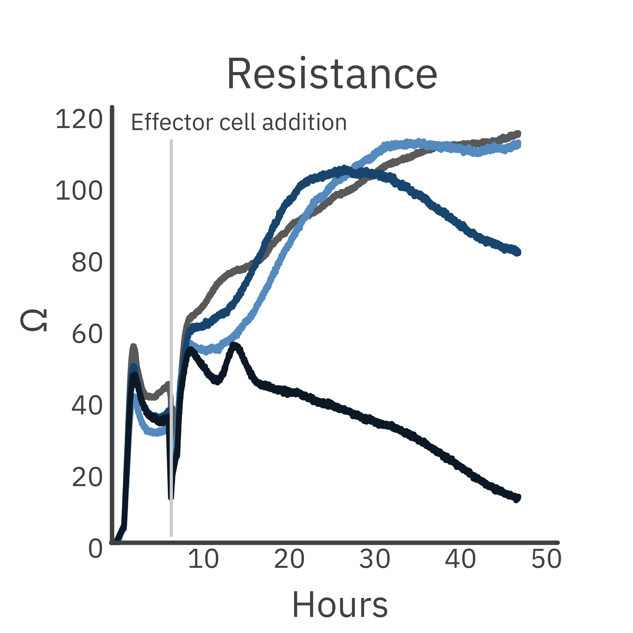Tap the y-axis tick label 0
coord(95,549)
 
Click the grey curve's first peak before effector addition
coord(133,347)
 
